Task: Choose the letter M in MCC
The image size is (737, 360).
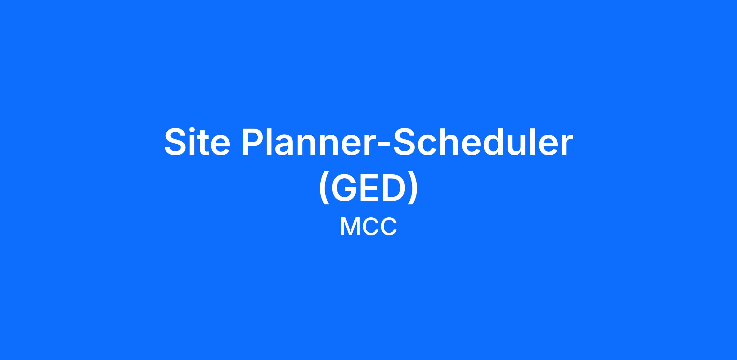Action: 350,227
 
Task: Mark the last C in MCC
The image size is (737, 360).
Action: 388,227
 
